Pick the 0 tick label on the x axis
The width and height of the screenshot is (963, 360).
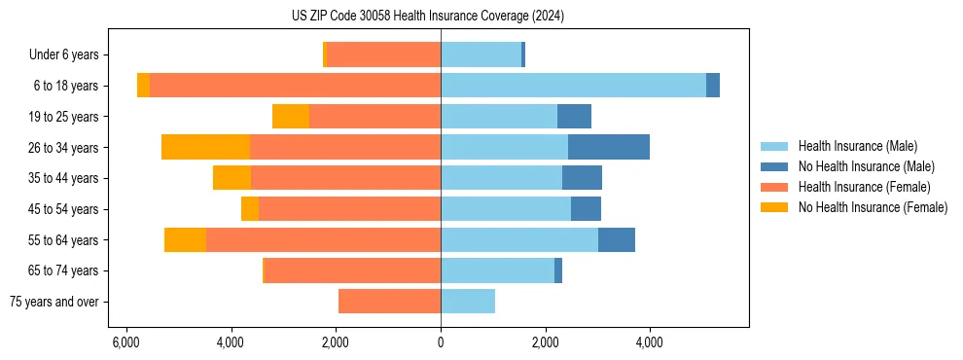pyautogui.click(x=441, y=342)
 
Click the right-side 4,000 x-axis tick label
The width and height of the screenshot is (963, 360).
pyautogui.click(x=650, y=342)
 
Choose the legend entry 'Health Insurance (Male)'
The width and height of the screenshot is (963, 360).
pyautogui.click(x=857, y=146)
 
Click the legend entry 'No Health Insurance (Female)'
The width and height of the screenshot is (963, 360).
pyautogui.click(x=873, y=207)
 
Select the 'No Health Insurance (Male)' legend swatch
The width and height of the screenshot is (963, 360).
pyautogui.click(x=774, y=166)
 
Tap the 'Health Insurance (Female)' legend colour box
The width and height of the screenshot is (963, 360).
pyautogui.click(x=774, y=187)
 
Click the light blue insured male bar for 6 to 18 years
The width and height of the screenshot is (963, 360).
pyautogui.click(x=573, y=86)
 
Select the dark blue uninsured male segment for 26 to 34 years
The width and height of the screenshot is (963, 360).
pyautogui.click(x=609, y=147)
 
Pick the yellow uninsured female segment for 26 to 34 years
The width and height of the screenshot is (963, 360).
pyautogui.click(x=205, y=147)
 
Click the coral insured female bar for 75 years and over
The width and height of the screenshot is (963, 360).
pyautogui.click(x=389, y=302)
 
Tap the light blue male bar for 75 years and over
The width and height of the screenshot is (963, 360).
pyautogui.click(x=468, y=302)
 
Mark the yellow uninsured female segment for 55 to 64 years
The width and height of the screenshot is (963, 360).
pyautogui.click(x=185, y=239)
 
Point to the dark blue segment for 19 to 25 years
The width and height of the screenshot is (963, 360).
pyautogui.click(x=574, y=117)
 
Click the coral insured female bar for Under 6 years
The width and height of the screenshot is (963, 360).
pyautogui.click(x=384, y=54)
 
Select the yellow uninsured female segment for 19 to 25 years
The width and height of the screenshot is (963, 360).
pyautogui.click(x=291, y=117)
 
